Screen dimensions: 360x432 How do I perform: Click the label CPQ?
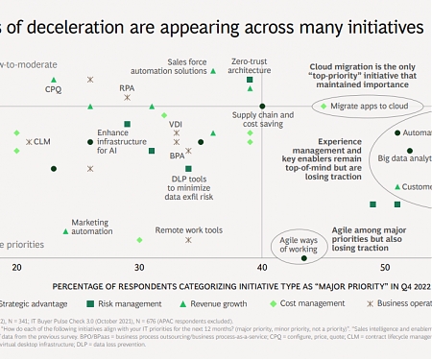pyautogui.click(x=53, y=88)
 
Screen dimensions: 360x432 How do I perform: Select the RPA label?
pyautogui.click(x=127, y=88)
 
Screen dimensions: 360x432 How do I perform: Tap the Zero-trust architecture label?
pyautogui.click(x=251, y=65)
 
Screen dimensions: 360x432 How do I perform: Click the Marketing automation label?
pyautogui.click(x=91, y=226)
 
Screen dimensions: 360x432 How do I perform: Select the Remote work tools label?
pyautogui.click(x=189, y=230)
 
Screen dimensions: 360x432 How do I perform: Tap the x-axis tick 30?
pyautogui.click(x=139, y=266)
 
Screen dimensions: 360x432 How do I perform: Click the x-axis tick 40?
pyautogui.click(x=262, y=266)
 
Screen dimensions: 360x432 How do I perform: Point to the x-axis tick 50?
pyautogui.click(x=385, y=266)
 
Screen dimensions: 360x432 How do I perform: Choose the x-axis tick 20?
pyautogui.click(x=16, y=266)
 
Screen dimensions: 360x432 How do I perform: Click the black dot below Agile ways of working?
pyautogui.click(x=303, y=257)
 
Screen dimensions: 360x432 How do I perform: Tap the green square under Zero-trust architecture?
pyautogui.click(x=250, y=81)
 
